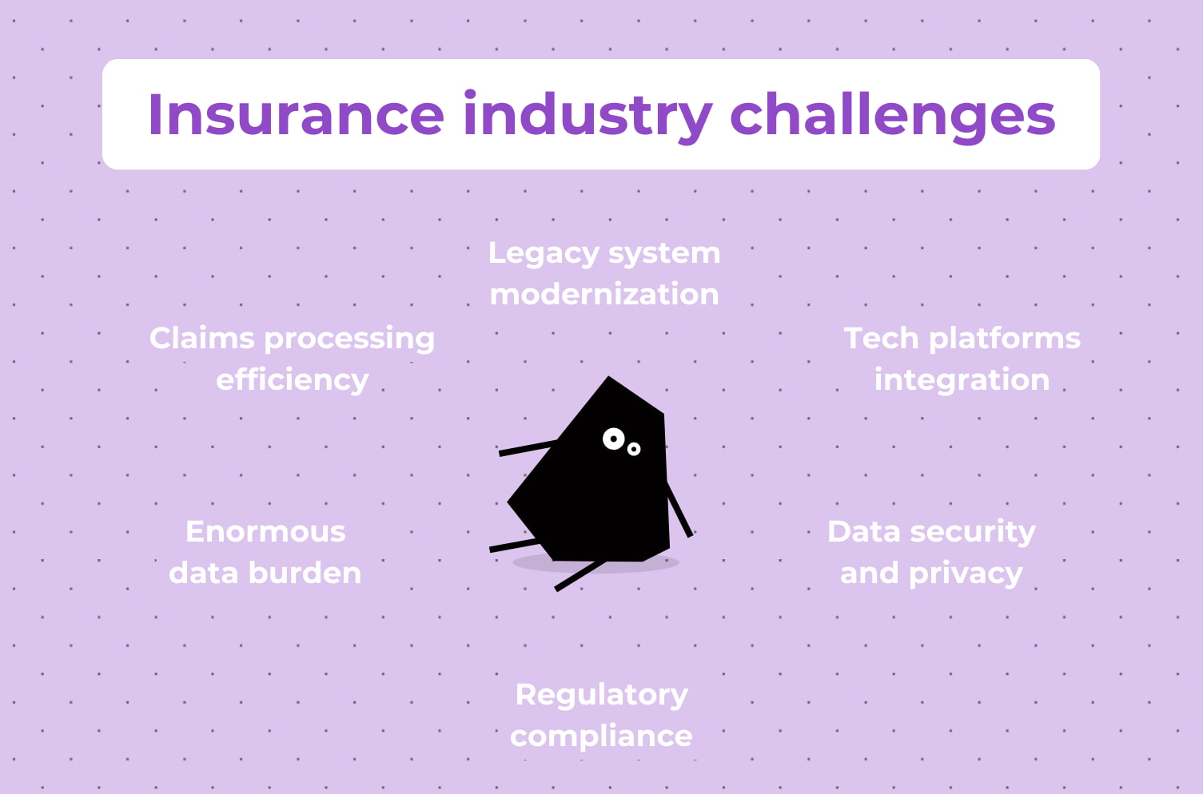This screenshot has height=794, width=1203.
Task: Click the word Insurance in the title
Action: point(296,114)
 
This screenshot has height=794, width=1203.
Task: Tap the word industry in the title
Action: point(588,114)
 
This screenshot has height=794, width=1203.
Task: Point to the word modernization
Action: point(604,294)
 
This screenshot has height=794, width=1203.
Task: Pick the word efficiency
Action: point(293,379)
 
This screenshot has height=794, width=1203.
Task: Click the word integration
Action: point(962,380)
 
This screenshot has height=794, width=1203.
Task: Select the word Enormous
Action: point(265,531)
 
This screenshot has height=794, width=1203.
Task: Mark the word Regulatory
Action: point(601,695)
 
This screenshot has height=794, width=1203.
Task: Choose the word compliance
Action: point(601,736)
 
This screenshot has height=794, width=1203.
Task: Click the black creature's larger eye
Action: point(613,438)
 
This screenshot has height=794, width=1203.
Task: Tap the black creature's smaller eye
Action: point(634,449)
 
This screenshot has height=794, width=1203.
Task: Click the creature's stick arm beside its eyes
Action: point(528,447)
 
